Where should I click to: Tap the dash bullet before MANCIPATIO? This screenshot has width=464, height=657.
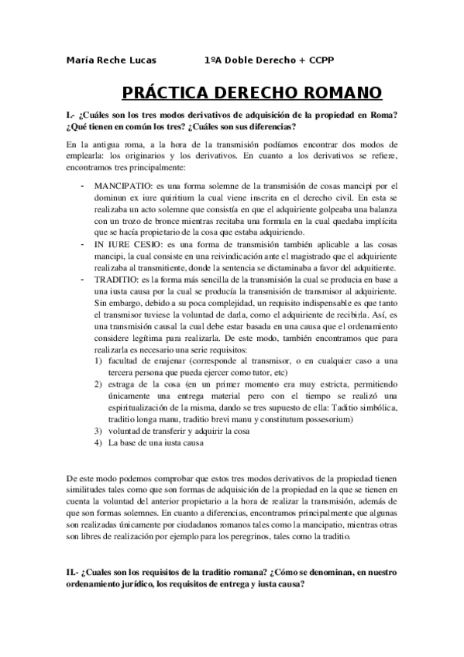(83, 186)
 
